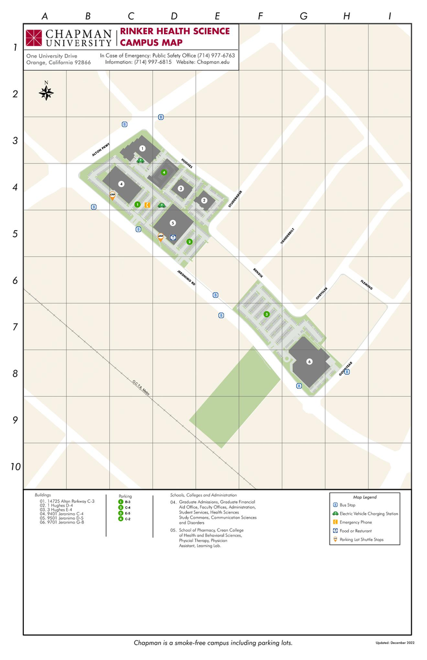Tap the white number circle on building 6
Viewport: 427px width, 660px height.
[x=309, y=362]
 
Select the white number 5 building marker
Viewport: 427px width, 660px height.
[x=173, y=223]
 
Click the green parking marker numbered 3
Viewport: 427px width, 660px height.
[x=266, y=314]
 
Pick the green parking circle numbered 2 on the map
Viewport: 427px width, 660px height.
[x=190, y=242]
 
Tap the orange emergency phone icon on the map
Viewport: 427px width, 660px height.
[x=147, y=204]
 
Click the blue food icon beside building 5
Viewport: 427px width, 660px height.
[x=174, y=237]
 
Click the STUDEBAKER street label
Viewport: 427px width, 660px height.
[x=232, y=200]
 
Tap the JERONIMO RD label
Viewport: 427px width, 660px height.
[x=186, y=276]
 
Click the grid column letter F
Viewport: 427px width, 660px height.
[x=260, y=16]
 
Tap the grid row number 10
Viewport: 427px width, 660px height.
[x=15, y=466]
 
